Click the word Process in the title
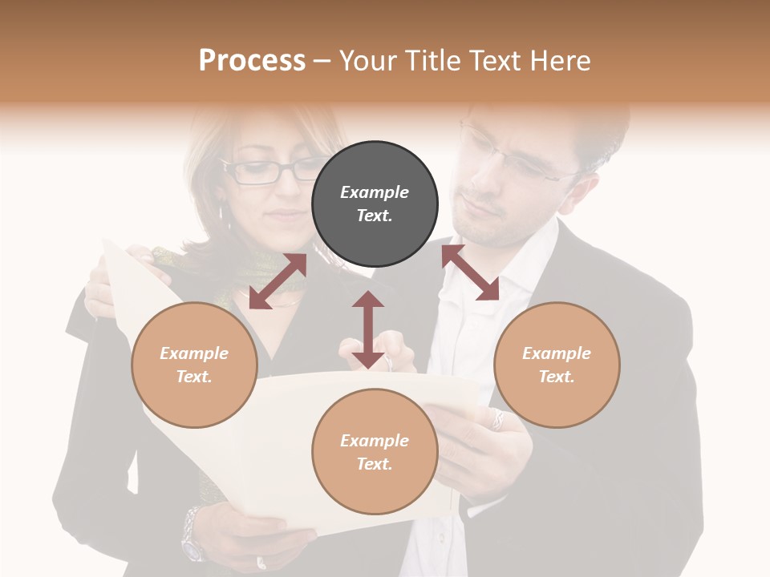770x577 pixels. coord(252,60)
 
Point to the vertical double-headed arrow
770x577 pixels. coord(368,329)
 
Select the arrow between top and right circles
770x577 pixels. coord(470,272)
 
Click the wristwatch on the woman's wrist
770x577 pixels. coord(192,533)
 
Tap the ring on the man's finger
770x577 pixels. coord(498,419)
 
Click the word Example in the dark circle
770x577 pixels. coord(375,192)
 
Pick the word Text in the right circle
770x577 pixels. coord(556,376)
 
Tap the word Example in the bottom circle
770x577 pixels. coord(375,441)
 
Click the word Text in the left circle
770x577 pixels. coord(193,376)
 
